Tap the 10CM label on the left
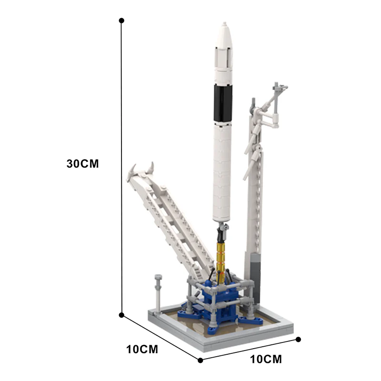click(142, 349)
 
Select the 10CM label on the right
click(266, 359)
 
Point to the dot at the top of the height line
click(122, 21)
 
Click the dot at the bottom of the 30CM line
click(122, 315)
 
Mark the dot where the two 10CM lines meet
click(201, 360)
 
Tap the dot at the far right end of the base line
click(299, 340)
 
